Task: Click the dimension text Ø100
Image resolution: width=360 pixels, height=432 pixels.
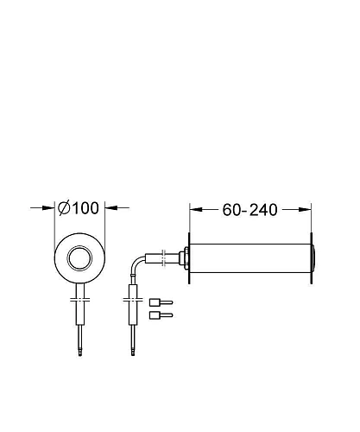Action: tap(79, 208)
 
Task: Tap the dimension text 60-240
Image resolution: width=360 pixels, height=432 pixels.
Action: tap(249, 210)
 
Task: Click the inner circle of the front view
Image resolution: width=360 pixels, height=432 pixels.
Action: tap(79, 258)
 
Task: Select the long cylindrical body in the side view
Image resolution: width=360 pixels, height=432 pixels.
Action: tap(250, 258)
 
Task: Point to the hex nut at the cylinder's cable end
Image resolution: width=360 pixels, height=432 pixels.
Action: tap(183, 258)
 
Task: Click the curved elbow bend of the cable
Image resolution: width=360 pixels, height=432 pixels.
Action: tap(136, 264)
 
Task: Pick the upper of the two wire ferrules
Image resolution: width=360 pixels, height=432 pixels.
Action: tap(161, 302)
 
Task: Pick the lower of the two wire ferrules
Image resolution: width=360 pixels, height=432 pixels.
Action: tap(161, 315)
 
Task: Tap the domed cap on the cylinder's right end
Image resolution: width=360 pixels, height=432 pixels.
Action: tap(313, 258)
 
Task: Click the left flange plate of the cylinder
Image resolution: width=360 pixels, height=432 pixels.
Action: tap(189, 258)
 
